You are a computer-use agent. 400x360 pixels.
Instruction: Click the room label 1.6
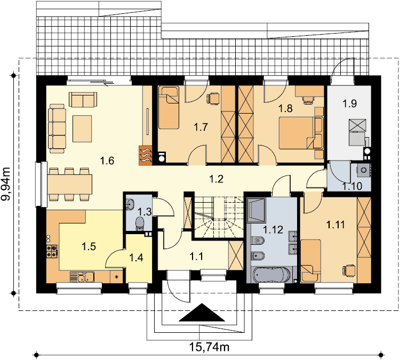[x=107, y=161]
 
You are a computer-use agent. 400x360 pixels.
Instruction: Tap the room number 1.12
[x=273, y=230]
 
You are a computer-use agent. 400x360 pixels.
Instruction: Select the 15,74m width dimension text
[x=209, y=347]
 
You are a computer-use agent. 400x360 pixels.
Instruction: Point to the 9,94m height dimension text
[x=6, y=183]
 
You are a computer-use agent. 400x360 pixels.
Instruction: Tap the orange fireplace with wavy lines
[x=146, y=155]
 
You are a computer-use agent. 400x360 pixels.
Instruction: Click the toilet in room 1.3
[x=140, y=223]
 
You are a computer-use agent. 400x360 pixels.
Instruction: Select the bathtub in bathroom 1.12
[x=272, y=275]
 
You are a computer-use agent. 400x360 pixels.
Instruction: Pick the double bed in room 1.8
[x=301, y=133]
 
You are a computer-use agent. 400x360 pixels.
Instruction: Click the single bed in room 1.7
[x=169, y=108]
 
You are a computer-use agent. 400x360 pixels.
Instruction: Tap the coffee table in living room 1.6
[x=82, y=129]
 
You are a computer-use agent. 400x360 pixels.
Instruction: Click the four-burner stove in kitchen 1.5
[x=52, y=251]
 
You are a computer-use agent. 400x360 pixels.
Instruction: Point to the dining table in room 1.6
[x=69, y=184]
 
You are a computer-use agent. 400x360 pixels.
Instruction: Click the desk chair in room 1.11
[x=349, y=271]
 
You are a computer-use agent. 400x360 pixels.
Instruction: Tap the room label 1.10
[x=353, y=187]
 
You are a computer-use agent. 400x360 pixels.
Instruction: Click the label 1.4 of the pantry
[x=136, y=258]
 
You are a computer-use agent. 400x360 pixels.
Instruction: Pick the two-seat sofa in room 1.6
[x=83, y=100]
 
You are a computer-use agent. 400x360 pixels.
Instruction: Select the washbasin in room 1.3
[x=130, y=204]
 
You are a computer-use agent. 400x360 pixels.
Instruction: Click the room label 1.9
[x=349, y=103]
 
